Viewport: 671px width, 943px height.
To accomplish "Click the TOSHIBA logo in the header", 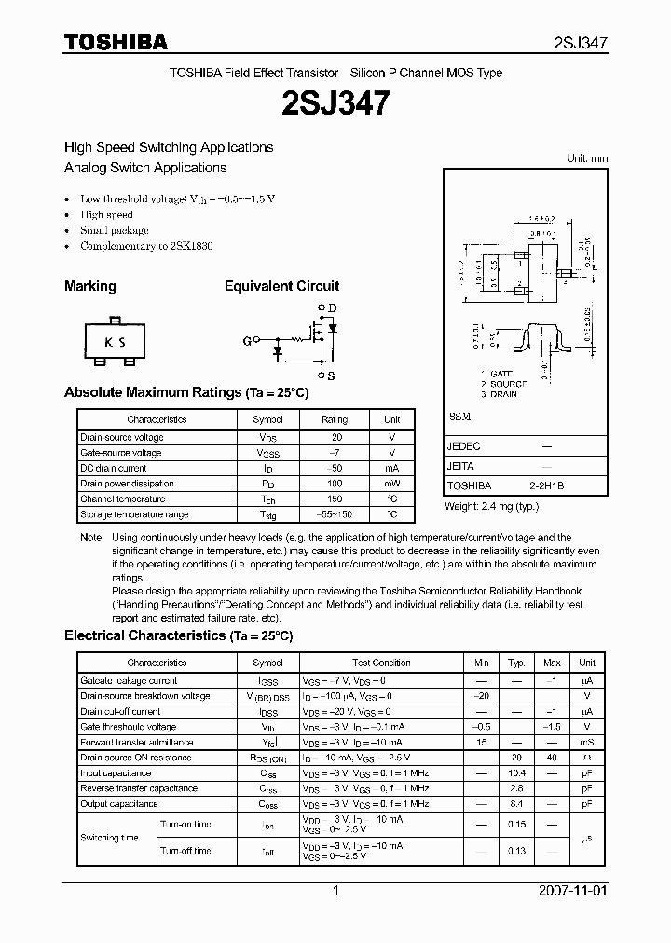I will [x=116, y=42].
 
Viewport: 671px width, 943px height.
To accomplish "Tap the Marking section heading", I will [x=89, y=286].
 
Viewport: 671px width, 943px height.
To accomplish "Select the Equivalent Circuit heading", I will [x=281, y=286].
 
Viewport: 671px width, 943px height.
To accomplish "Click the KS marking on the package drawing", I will [x=115, y=342].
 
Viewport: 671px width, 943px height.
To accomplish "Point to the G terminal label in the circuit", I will [x=247, y=342].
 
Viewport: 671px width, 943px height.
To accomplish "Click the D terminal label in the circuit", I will [x=332, y=308].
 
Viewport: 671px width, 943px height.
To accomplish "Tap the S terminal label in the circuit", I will [x=332, y=376].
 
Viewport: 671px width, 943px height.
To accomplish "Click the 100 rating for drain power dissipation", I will [x=336, y=484].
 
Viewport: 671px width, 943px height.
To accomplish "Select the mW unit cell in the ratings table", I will [x=392, y=484].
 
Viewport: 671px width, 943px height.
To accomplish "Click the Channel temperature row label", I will [x=123, y=499].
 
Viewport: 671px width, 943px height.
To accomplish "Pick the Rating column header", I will [x=335, y=420].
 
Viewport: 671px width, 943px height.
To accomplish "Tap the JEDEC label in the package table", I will [x=464, y=446].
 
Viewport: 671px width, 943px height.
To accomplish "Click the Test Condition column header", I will [x=381, y=663].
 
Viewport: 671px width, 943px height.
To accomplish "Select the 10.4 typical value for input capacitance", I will [x=516, y=773].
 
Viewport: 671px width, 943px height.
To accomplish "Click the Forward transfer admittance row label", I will [x=136, y=743].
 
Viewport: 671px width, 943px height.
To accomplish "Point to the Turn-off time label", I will [x=186, y=851].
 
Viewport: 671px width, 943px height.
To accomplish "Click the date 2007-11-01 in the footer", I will [x=573, y=891].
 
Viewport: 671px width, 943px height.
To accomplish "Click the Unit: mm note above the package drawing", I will [x=587, y=158].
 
